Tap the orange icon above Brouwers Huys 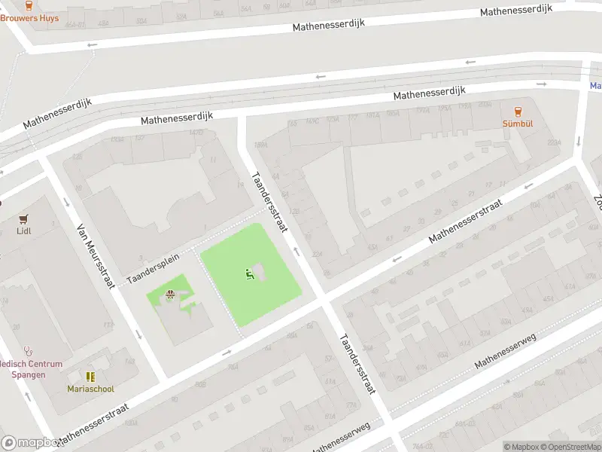(29, 5)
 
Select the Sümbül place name (518, 123)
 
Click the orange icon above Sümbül (518, 111)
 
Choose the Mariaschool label (90, 389)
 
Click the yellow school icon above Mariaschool (90, 377)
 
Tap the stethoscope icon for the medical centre (29, 351)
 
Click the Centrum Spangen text (23, 374)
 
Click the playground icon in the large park (249, 273)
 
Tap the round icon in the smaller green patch (170, 295)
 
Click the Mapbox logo (30, 443)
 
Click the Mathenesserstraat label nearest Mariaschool (92, 425)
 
